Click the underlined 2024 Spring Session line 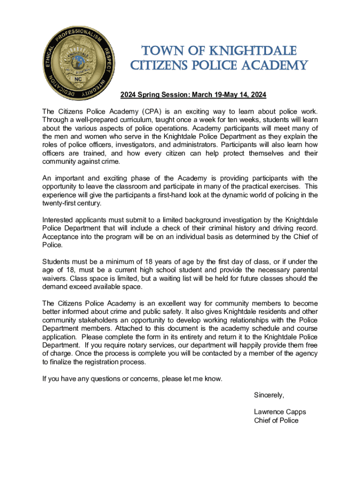pos(193,95)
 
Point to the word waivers pos(55,278)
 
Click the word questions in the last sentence pos(101,378)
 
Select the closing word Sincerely pos(269,395)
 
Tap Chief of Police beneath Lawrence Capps pos(276,420)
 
